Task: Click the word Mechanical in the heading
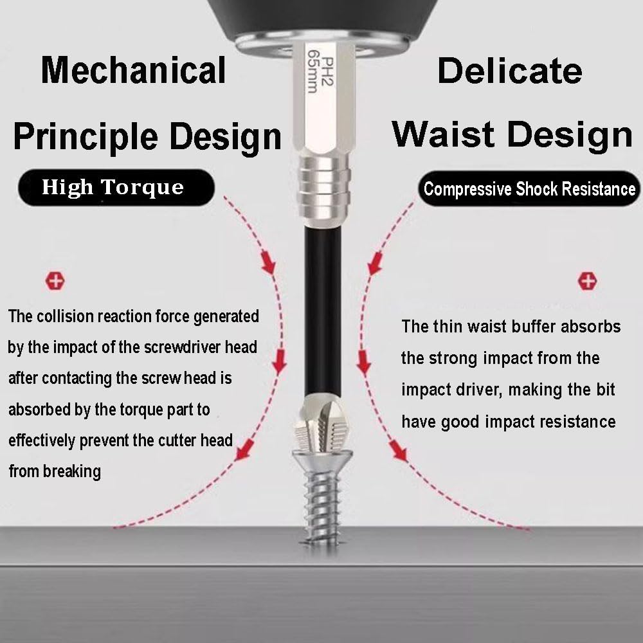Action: [x=133, y=70]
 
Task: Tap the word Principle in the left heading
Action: [x=86, y=136]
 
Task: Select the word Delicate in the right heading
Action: [x=510, y=71]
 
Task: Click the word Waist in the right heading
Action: [x=443, y=134]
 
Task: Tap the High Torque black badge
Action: [x=116, y=187]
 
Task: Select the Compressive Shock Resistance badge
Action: [x=529, y=188]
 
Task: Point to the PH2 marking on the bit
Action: [x=327, y=71]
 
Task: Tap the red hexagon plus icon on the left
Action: [x=55, y=281]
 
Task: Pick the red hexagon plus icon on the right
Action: [x=587, y=281]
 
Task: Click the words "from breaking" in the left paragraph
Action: [x=55, y=471]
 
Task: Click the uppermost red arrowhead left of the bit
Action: [x=268, y=262]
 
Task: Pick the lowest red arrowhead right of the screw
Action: [x=399, y=451]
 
